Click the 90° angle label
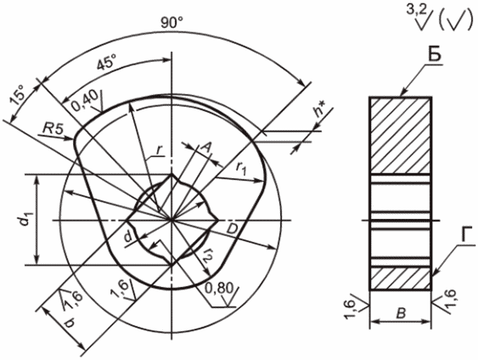172,22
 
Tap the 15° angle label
19,95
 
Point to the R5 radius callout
53,129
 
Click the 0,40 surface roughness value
85,101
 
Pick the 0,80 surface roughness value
218,288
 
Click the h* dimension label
320,110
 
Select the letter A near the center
206,149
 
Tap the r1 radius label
241,168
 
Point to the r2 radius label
208,255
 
